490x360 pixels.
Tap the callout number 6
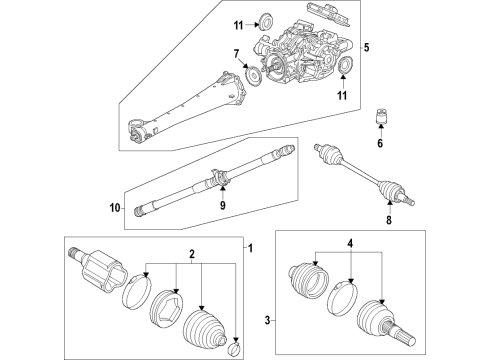[x=380, y=143]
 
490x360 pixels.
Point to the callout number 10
[x=113, y=209]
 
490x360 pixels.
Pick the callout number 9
[x=223, y=207]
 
